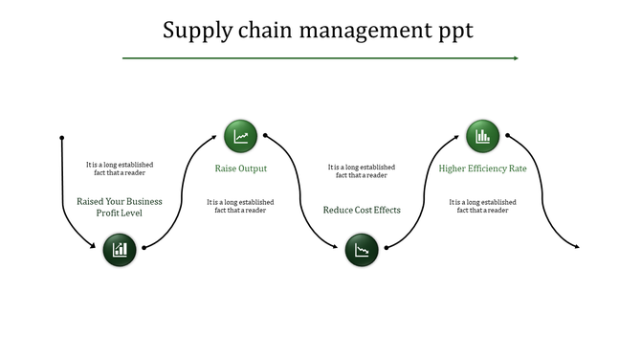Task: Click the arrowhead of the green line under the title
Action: pos(515,58)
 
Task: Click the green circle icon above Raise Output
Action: pos(240,137)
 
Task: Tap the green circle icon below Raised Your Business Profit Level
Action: pos(120,251)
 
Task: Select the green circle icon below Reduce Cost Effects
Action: pos(362,251)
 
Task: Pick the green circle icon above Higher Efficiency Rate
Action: pos(482,137)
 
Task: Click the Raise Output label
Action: pos(240,169)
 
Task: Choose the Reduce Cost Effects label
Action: pos(362,210)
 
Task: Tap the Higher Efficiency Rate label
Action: pos(482,169)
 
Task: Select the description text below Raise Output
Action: pos(240,206)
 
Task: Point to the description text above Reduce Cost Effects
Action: pos(362,170)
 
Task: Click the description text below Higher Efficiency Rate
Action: pos(482,206)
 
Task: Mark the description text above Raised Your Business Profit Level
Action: pos(120,169)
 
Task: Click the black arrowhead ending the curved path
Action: pos(576,247)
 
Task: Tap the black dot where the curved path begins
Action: pos(62,137)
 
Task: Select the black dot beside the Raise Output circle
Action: pos(265,136)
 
